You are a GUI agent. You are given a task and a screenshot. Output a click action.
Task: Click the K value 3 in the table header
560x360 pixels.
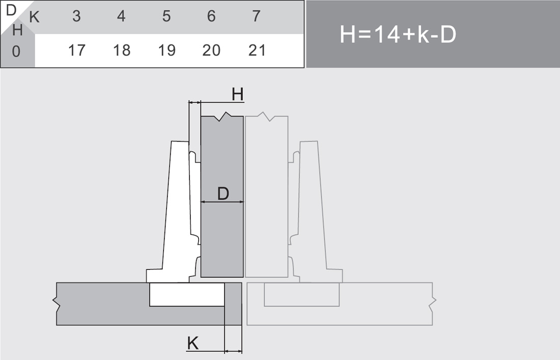[x=76, y=16]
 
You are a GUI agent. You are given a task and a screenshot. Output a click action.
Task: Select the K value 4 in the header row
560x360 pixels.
[x=122, y=16]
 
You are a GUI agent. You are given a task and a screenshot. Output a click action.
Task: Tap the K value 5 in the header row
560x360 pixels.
[x=166, y=16]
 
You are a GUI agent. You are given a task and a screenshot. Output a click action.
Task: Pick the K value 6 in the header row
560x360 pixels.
[x=211, y=16]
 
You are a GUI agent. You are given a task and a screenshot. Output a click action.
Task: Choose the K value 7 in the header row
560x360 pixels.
[x=256, y=16]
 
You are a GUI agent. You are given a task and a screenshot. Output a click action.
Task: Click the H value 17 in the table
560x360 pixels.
[x=77, y=50]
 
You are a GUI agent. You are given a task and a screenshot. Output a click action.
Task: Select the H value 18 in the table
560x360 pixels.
[x=122, y=50]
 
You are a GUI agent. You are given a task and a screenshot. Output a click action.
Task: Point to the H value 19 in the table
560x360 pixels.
[x=167, y=50]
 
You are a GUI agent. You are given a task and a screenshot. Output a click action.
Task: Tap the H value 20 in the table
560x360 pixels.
[x=211, y=50]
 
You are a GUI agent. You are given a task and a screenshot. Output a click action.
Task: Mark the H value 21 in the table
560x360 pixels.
[x=257, y=50]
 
